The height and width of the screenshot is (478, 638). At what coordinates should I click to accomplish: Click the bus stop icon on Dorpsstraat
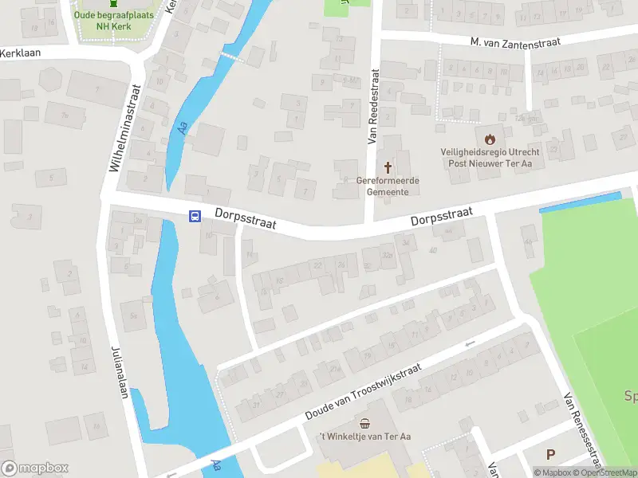(194, 216)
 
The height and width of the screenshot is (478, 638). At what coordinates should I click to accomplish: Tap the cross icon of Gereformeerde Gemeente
(388, 167)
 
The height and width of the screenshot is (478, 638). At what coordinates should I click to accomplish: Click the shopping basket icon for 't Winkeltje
(365, 423)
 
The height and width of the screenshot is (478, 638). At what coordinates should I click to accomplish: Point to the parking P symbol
(550, 455)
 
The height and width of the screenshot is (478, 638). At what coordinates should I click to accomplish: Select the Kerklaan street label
(21, 52)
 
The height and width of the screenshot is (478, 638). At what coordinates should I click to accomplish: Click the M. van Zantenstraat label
(514, 42)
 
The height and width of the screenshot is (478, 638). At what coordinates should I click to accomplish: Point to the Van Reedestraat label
(372, 106)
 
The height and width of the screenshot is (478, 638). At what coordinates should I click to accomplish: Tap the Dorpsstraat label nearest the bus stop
(245, 219)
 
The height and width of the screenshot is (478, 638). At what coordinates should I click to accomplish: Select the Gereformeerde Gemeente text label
(388, 186)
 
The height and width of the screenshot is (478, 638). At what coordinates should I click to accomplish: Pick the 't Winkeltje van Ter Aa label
(364, 437)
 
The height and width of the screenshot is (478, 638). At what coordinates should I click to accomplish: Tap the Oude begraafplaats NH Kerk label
(112, 20)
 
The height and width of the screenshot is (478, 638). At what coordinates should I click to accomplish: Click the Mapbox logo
(35, 468)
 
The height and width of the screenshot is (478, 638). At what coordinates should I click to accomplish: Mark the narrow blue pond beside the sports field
(580, 202)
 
